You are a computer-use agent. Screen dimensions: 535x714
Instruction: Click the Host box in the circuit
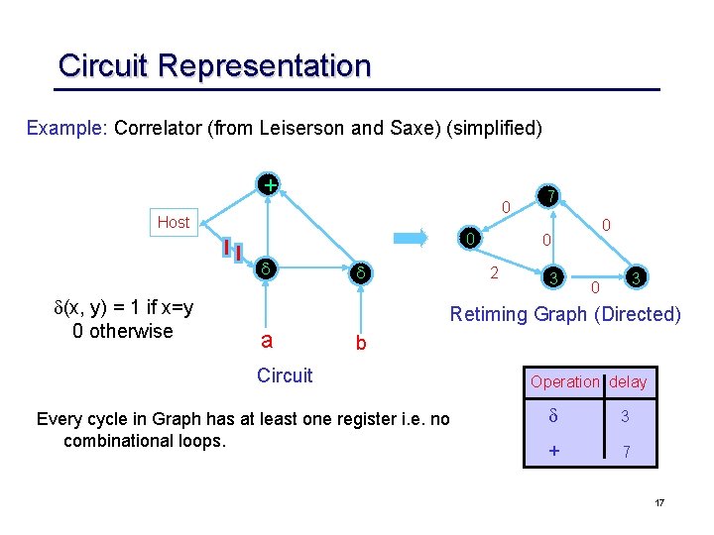(174, 222)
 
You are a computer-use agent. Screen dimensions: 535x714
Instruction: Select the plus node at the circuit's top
(268, 184)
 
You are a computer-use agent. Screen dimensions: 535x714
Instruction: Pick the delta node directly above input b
(362, 271)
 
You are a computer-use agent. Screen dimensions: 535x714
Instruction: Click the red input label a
(265, 340)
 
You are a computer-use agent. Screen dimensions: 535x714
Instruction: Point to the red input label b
(361, 344)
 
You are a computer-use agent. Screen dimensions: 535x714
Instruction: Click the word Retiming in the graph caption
(488, 314)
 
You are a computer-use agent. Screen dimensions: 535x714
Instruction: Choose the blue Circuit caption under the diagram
(284, 375)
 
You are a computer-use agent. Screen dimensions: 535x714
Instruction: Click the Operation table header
(565, 382)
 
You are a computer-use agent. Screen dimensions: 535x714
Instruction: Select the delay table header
(628, 382)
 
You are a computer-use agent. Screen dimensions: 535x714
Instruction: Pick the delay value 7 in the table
(625, 452)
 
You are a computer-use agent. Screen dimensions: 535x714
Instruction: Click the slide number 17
(659, 504)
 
